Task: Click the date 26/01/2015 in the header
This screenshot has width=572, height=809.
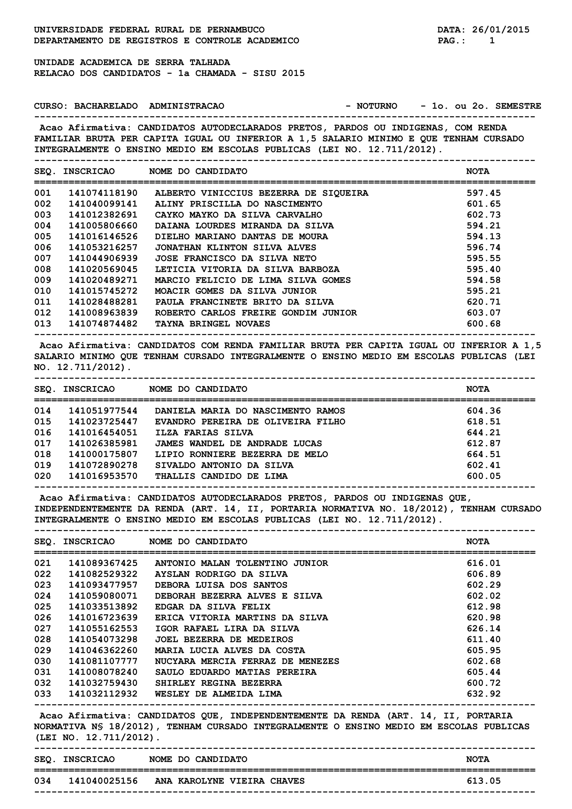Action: (500, 30)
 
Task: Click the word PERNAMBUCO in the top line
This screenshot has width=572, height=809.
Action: (236, 30)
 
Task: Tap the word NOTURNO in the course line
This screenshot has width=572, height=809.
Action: (376, 106)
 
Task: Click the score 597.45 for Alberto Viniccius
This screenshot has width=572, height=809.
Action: (483, 193)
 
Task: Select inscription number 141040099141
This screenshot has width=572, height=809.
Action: (103, 204)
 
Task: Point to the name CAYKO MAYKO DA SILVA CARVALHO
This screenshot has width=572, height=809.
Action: (239, 215)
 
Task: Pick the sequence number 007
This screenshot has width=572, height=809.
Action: (43, 258)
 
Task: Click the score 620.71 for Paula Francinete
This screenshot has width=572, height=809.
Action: (483, 302)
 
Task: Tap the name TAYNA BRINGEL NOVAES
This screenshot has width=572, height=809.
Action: (212, 324)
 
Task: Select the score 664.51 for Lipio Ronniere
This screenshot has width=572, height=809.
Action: (483, 454)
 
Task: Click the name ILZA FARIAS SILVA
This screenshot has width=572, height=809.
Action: (204, 433)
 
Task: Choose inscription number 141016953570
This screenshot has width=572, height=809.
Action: (103, 476)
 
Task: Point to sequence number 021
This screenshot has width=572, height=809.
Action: (43, 563)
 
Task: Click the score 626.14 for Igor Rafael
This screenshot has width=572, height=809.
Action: (483, 628)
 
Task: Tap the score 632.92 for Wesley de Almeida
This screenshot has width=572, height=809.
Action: (483, 694)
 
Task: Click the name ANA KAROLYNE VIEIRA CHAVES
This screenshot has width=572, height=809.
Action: (230, 781)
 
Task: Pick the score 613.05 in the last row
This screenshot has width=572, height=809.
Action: (483, 781)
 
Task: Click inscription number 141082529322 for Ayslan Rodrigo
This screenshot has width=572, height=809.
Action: (103, 574)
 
